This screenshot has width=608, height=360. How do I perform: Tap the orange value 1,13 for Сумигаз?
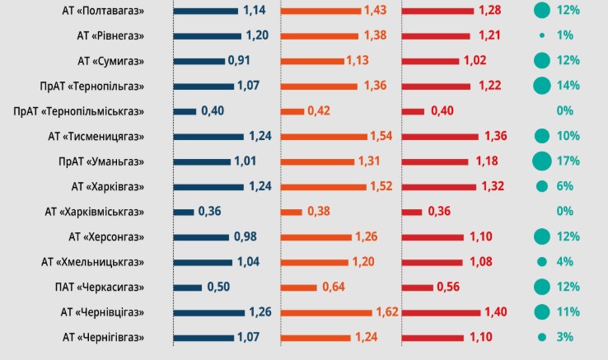tap(357, 61)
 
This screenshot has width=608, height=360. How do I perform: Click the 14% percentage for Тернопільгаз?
tap(568, 86)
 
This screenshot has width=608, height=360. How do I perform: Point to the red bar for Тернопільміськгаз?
tap(414, 111)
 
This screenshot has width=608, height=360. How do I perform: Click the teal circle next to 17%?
tap(541, 161)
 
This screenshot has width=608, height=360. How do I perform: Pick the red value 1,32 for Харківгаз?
tap(492, 186)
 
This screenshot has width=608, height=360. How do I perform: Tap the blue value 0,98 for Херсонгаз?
tap(245, 236)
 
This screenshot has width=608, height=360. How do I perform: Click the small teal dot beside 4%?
tap(541, 262)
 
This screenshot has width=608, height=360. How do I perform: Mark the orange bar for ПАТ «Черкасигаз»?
tap(299, 288)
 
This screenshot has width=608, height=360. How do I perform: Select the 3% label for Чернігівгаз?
tap(564, 337)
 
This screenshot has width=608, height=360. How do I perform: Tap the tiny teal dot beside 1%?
tap(541, 35)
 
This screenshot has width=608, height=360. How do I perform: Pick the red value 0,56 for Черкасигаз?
tap(448, 288)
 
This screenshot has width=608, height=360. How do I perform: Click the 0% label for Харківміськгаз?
tap(564, 212)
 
